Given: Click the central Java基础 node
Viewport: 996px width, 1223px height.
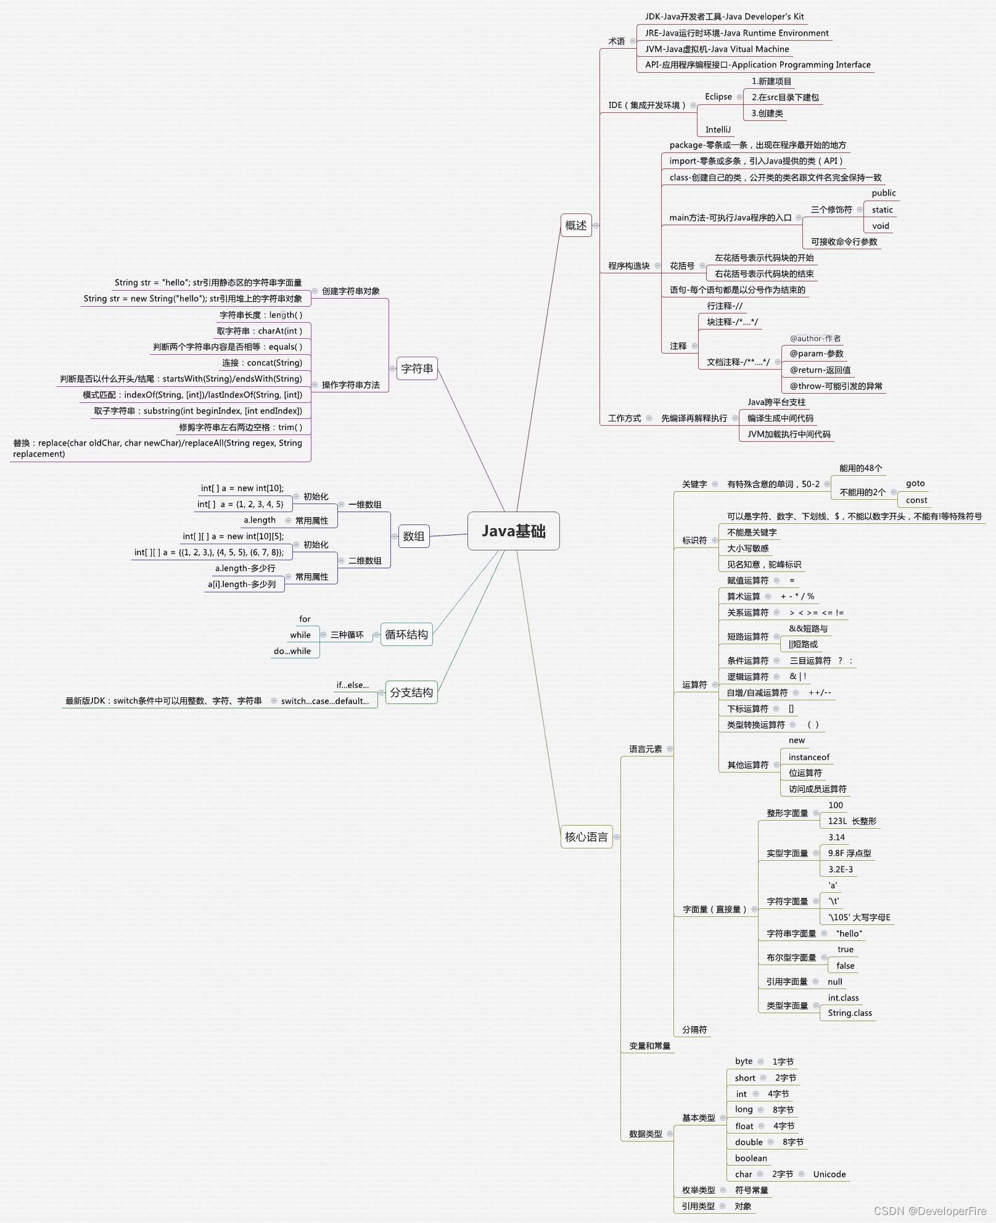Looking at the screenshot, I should coord(513,531).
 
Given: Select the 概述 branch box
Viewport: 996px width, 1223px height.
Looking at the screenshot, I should coord(576,225).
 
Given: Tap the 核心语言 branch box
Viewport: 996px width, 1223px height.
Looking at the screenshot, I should coord(586,837).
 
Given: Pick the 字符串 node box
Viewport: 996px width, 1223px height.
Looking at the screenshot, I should coord(417,368).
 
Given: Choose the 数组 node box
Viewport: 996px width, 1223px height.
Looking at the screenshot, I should coord(413,536).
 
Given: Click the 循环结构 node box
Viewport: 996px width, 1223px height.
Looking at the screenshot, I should coord(406,634).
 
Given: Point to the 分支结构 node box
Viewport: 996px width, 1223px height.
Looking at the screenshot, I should coord(411,692).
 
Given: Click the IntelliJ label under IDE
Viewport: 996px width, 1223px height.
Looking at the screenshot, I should coord(718,130).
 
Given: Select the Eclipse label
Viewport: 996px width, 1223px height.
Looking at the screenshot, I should coord(718,97).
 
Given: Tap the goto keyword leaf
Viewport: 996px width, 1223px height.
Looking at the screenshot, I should coord(915,483).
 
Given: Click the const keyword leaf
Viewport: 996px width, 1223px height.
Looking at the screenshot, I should coord(916,500).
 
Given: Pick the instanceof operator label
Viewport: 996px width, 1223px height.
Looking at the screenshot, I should coord(809,757).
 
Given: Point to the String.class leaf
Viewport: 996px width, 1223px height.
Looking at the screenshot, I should coord(850,1013).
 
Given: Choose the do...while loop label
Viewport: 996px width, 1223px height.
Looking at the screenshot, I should coord(292,651).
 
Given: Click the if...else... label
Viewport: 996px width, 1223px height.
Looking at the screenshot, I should coord(353,685).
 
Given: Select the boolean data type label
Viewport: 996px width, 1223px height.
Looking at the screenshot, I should coord(751,1158).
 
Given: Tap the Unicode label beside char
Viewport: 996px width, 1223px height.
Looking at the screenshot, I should coord(829,1174).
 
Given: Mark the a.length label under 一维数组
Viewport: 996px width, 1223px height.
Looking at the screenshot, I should coord(260,520).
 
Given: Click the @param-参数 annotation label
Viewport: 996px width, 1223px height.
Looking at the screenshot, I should coord(817,354).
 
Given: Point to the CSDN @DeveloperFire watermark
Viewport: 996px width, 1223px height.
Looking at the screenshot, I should coord(930,1211).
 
